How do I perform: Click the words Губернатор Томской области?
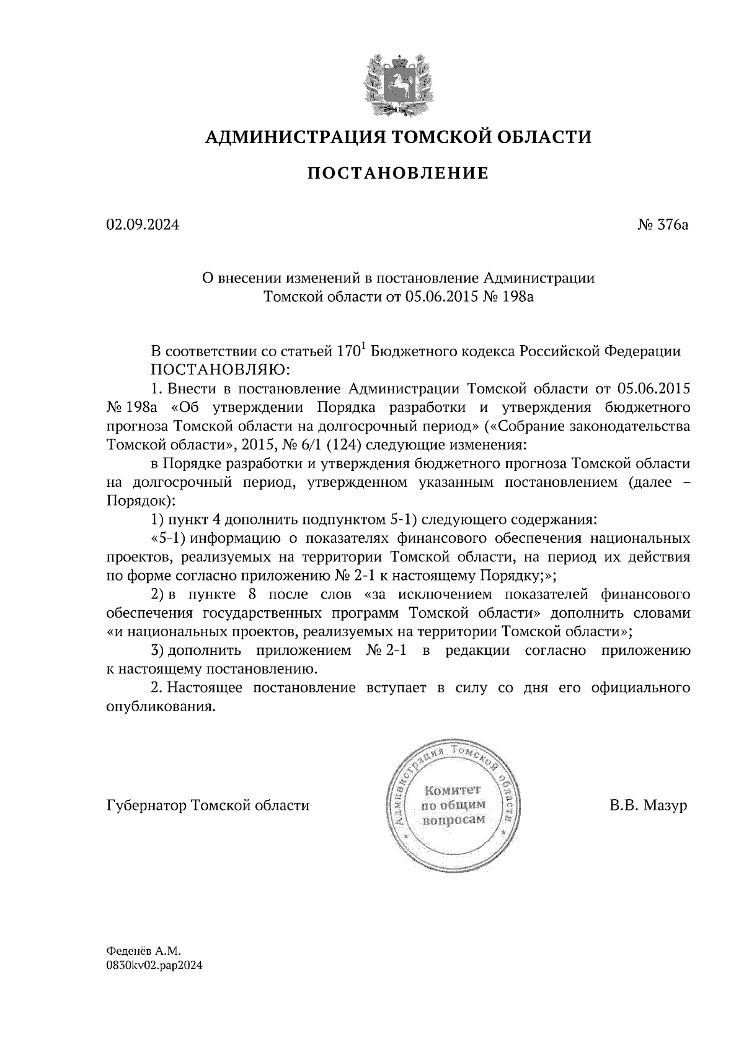coord(208,805)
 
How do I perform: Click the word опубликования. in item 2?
coord(161,707)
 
